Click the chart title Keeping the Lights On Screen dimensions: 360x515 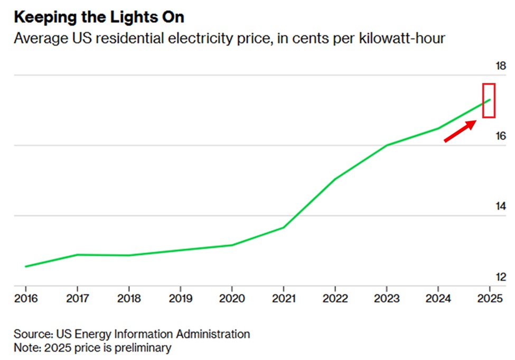coord(99,17)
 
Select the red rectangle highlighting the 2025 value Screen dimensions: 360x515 coord(489,100)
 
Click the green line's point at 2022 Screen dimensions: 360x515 coord(335,179)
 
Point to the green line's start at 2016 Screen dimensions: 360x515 coord(26,266)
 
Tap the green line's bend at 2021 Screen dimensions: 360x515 coord(284,227)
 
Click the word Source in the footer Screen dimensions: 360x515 coord(32,334)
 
